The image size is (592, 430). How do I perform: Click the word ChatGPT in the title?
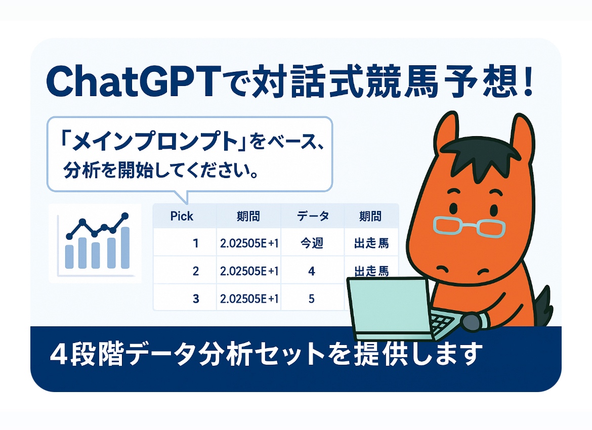(134, 81)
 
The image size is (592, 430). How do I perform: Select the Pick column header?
(182, 217)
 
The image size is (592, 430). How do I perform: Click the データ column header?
(313, 217)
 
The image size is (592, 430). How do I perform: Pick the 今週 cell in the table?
(312, 243)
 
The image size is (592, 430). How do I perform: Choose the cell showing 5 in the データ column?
(312, 298)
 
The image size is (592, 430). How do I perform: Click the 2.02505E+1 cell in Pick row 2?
(249, 271)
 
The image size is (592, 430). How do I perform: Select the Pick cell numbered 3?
(196, 298)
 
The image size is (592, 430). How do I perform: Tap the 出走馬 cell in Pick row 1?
(371, 243)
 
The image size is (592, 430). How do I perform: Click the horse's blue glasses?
(469, 227)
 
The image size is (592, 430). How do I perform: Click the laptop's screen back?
(390, 306)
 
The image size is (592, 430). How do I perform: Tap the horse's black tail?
(543, 306)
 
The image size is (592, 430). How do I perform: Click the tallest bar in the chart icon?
(124, 248)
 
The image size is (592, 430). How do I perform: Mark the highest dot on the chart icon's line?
(125, 216)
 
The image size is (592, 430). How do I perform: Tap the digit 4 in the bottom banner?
(59, 355)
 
